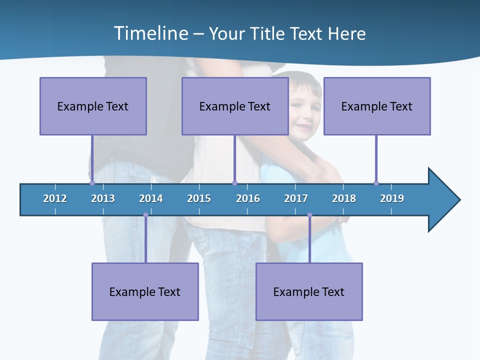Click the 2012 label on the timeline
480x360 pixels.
[x=55, y=198]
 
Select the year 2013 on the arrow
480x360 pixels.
[x=103, y=198]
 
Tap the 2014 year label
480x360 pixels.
[x=151, y=198]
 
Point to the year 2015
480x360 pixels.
[x=199, y=198]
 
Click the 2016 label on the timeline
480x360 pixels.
[x=248, y=198]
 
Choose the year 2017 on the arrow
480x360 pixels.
[x=296, y=198]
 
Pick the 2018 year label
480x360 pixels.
[x=344, y=198]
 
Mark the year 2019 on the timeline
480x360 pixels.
[x=392, y=198]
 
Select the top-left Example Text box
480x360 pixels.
[x=93, y=106]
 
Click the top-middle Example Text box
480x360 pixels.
[x=235, y=106]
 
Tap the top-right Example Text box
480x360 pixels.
[x=377, y=106]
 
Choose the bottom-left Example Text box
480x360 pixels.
[x=145, y=291]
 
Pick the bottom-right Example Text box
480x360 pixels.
[x=309, y=291]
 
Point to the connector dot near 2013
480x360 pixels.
[x=92, y=183]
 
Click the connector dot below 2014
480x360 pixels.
[x=145, y=215]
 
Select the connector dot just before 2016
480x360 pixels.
[x=234, y=183]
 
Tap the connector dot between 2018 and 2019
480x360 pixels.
[x=376, y=183]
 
